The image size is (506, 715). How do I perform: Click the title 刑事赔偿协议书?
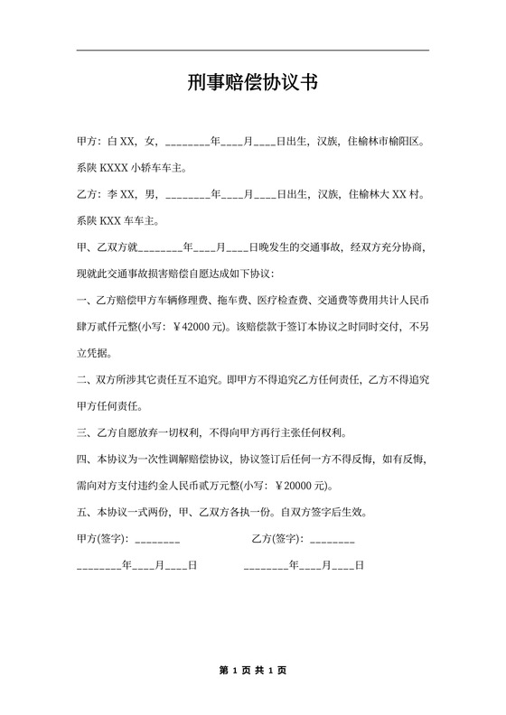click(252, 84)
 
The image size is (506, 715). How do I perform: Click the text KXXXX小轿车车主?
click(143, 168)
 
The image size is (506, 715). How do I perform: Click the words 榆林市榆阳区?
click(384, 142)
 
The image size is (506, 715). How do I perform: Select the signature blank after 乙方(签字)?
click(331, 539)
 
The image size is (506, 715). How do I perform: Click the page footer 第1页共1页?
click(252, 671)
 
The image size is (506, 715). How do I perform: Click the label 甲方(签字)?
click(103, 539)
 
